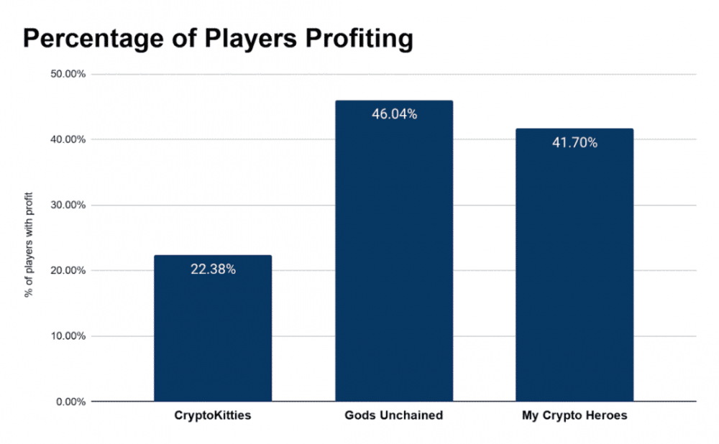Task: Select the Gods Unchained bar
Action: point(394,251)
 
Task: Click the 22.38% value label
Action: point(213,270)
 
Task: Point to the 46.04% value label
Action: point(394,114)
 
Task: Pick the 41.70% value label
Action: point(574,143)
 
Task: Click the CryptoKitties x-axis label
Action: point(213,417)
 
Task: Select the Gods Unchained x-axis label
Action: point(394,417)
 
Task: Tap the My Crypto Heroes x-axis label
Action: point(574,417)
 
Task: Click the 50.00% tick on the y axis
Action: point(68,74)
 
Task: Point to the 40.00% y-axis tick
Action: point(68,139)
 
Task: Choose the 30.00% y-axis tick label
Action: point(68,205)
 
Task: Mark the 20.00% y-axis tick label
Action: point(68,271)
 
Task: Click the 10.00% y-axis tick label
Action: point(68,336)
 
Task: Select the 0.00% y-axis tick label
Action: point(70,402)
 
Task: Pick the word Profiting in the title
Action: point(362,39)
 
